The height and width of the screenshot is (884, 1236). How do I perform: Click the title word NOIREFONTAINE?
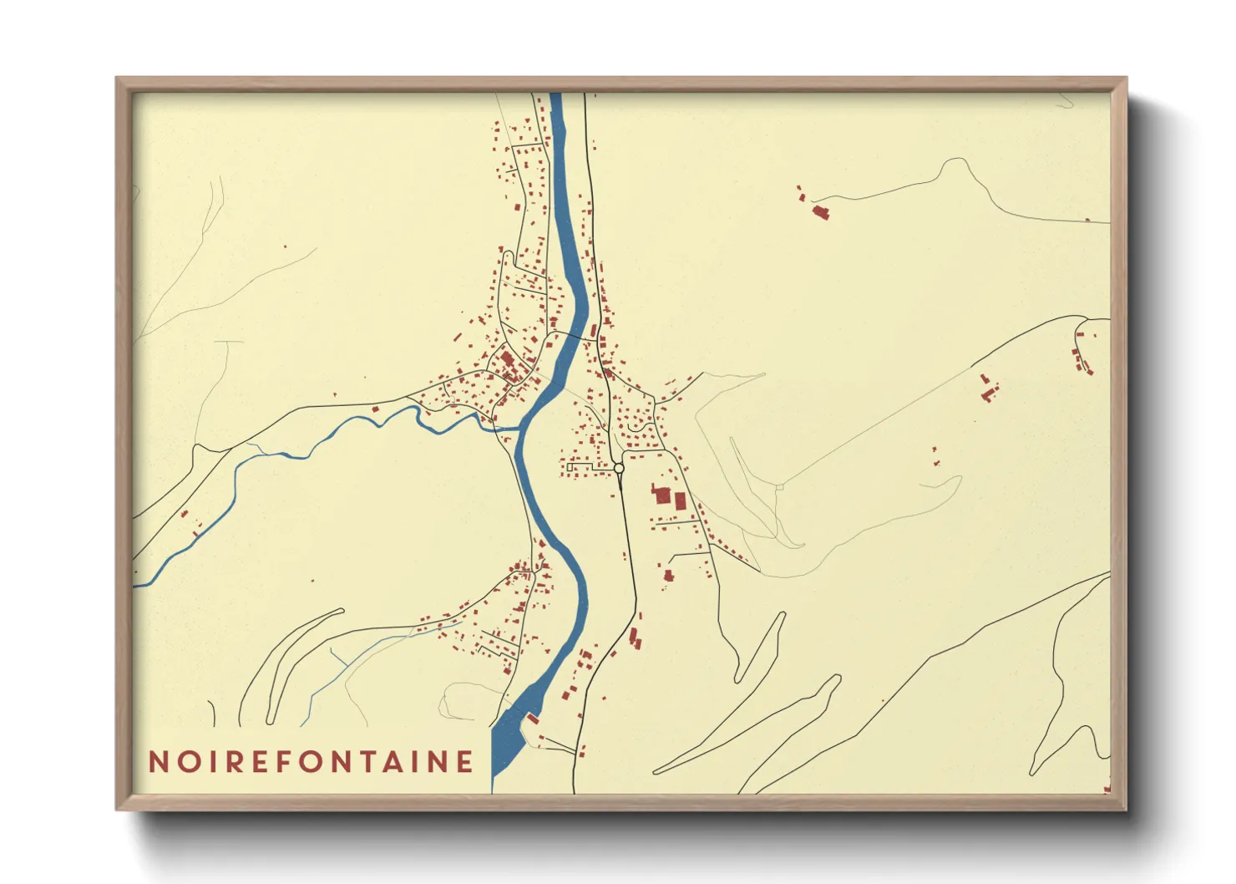311,761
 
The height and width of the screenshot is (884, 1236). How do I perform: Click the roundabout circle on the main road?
619,469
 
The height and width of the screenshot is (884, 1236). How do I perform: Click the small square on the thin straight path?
779,485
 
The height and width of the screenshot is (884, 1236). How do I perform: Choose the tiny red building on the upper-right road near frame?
1087,219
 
